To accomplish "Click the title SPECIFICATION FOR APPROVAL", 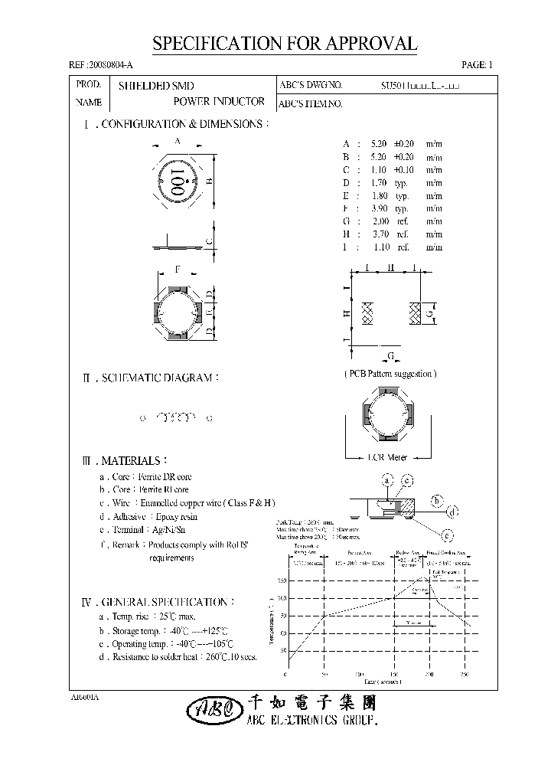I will point(285,44).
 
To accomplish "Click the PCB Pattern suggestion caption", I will point(390,374).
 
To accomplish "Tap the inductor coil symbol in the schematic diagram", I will point(175,418).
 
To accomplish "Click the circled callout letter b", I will point(437,501).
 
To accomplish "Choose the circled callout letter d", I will point(452,512).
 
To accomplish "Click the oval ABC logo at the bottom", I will point(208,711).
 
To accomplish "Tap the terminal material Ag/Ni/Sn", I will point(168,530).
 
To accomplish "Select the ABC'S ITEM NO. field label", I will point(309,103).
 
